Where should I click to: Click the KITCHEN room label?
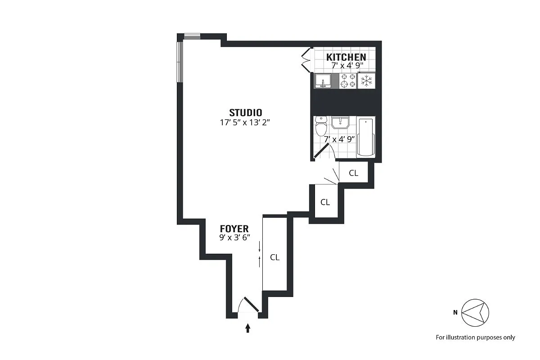point(346,57)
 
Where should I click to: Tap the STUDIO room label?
point(245,112)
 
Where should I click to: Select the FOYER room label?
point(234,229)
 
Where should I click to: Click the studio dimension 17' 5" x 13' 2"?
point(245,121)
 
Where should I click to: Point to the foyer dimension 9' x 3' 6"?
point(234,237)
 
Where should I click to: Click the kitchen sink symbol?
point(323,81)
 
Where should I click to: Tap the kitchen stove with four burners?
point(348,81)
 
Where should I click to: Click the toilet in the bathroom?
point(321,126)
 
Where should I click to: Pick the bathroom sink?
point(341,123)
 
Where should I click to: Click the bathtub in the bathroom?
point(366,137)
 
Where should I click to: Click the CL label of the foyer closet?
point(274,257)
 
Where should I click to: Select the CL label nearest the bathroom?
point(354,173)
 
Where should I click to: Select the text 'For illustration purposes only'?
point(475,337)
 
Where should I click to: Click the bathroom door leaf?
point(321,152)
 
